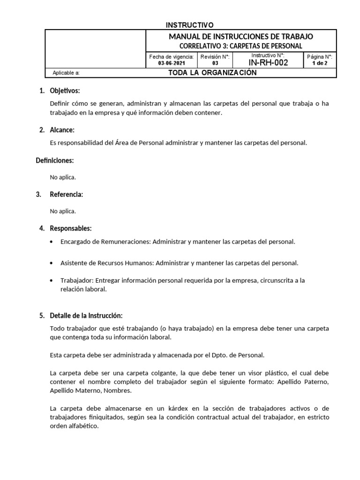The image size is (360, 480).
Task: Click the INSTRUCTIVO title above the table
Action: pyautogui.click(x=190, y=24)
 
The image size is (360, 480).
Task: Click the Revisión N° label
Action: pyautogui.click(x=215, y=57)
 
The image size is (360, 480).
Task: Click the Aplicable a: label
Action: pyautogui.click(x=66, y=73)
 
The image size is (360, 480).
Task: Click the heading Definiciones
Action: pyautogui.click(x=55, y=160)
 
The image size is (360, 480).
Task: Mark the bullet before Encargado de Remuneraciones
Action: pyautogui.click(x=51, y=242)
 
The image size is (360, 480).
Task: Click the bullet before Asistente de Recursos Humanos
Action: pyautogui.click(x=51, y=263)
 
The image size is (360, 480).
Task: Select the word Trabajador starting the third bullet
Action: pyautogui.click(x=77, y=280)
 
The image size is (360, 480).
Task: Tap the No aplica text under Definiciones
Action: pyautogui.click(x=63, y=177)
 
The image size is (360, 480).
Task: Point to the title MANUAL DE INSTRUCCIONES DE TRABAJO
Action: pyautogui.click(x=241, y=37)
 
